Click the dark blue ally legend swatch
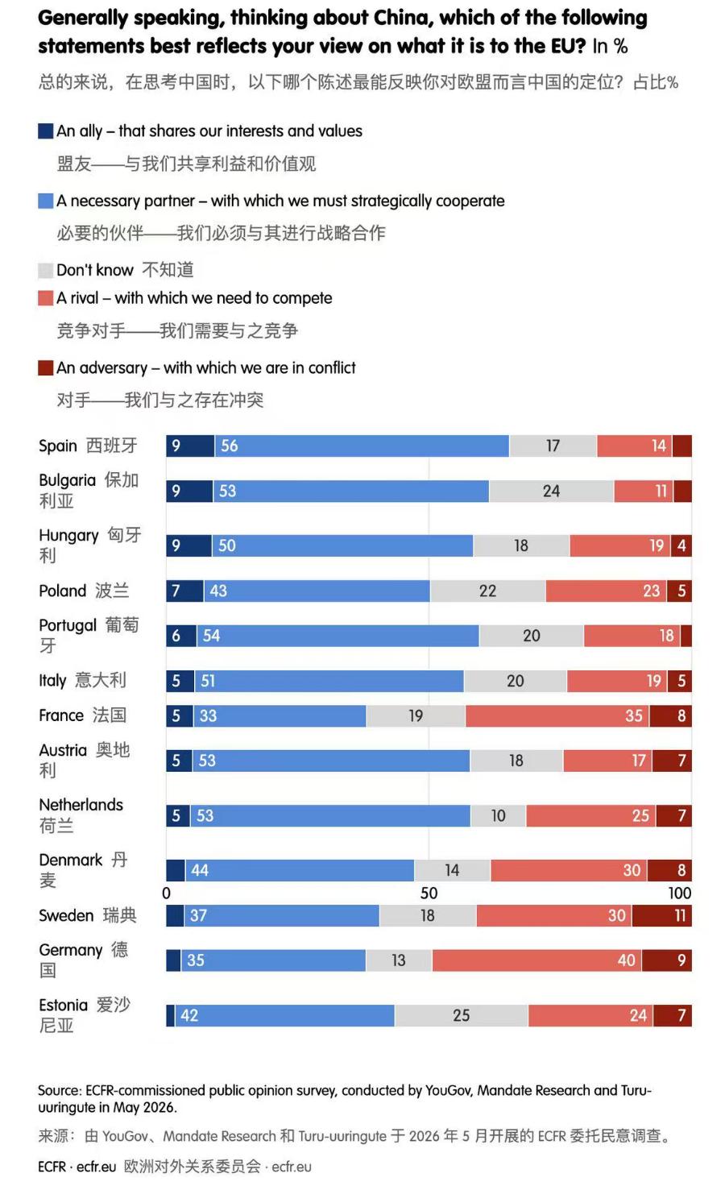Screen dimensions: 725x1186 (x=45, y=131)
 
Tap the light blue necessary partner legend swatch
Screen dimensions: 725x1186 (x=45, y=201)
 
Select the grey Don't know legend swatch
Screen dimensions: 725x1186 (x=45, y=270)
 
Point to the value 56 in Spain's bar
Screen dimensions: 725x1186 (x=229, y=446)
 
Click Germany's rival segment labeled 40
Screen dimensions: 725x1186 (x=537, y=960)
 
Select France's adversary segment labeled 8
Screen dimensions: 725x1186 (x=670, y=715)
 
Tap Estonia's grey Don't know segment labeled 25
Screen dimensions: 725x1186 (x=461, y=1015)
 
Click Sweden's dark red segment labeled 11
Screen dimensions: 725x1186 (x=662, y=915)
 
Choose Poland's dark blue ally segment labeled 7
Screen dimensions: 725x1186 (x=184, y=591)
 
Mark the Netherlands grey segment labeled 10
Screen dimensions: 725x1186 (x=498, y=816)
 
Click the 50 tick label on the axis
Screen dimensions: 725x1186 (x=429, y=894)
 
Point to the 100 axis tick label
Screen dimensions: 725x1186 (x=680, y=894)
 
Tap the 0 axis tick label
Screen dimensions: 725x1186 (x=166, y=894)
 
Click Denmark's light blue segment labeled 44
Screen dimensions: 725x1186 (x=300, y=870)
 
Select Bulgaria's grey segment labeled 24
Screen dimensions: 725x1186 (x=552, y=491)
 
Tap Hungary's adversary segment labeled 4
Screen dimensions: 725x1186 (x=681, y=546)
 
